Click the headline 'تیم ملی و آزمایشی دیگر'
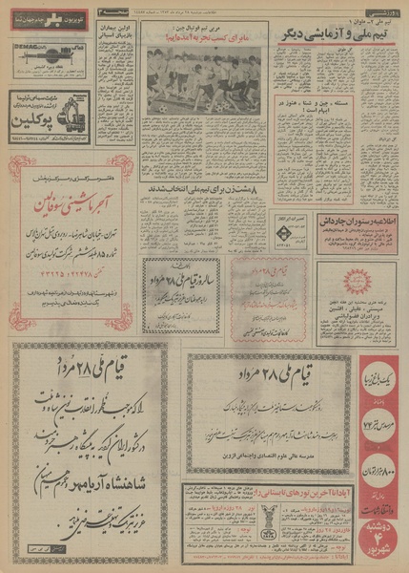pos(318,34)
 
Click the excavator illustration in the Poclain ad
pos(34,117)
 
